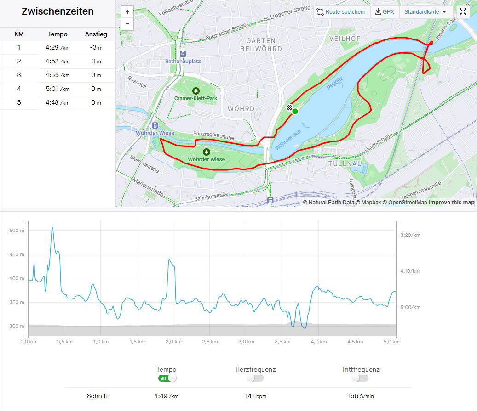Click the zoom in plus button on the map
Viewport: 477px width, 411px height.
coord(127,12)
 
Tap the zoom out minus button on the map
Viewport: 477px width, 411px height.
coord(127,24)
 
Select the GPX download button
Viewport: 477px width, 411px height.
coord(385,12)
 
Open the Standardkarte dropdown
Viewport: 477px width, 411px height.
coord(425,12)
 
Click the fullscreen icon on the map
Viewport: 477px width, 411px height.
coord(463,12)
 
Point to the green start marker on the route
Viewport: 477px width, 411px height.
coord(295,111)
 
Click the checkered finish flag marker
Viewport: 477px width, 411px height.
coord(289,108)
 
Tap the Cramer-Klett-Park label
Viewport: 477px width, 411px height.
coord(195,98)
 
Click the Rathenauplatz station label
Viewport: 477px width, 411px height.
coord(183,61)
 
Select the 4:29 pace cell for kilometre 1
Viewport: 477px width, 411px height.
coord(57,47)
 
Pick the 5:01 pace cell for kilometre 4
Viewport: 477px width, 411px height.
coord(57,89)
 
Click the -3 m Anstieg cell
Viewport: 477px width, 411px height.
coord(96,47)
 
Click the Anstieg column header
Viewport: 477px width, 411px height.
coord(96,34)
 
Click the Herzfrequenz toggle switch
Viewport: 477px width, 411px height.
coord(255,378)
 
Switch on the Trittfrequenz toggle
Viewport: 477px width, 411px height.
coord(360,378)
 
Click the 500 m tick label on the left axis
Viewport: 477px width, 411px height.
coord(17,231)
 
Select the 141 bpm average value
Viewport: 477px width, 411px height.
coord(255,396)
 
